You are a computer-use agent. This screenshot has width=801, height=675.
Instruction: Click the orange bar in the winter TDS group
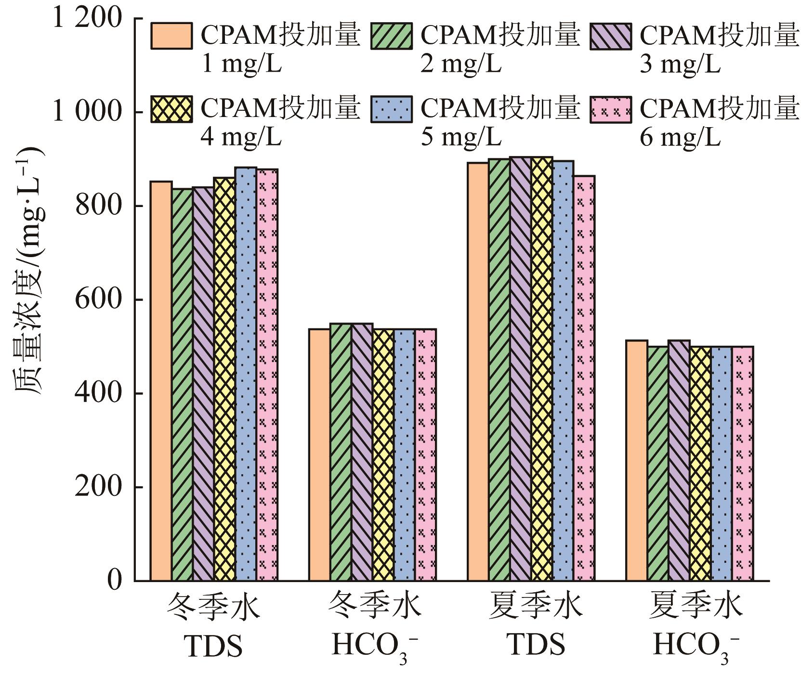tap(161, 380)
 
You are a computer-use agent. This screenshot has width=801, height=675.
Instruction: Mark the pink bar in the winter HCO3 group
tap(426, 454)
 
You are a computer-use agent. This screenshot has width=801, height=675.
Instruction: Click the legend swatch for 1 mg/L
tap(171, 36)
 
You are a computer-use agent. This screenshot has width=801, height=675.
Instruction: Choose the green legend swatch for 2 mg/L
tap(392, 36)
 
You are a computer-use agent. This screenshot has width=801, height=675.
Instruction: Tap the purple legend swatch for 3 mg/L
tap(611, 36)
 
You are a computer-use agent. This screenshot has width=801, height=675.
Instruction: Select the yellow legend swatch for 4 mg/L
tap(171, 109)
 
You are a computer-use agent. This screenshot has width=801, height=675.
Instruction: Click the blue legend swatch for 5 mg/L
tap(392, 109)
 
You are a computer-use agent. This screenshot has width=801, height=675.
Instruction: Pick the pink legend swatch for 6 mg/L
tap(611, 109)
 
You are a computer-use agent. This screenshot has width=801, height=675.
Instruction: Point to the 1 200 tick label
tap(87, 18)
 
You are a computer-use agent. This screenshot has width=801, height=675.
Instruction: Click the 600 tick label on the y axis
tap(98, 299)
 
